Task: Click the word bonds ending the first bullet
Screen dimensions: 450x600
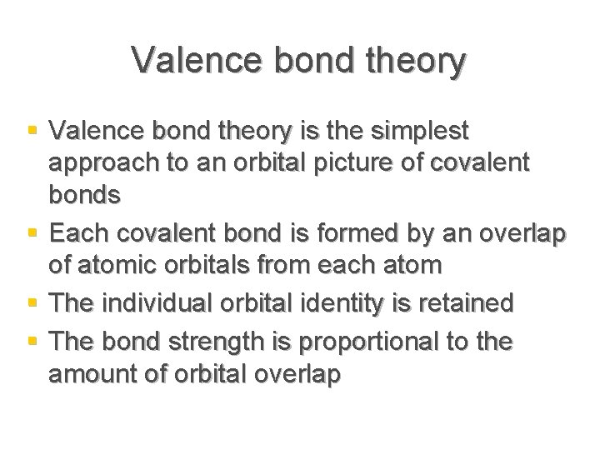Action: [x=85, y=195]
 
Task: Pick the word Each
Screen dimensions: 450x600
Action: [x=78, y=229]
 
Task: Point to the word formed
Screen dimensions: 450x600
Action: [x=339, y=229]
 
